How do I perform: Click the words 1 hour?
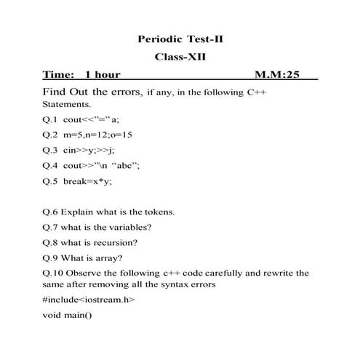pos(103,74)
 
